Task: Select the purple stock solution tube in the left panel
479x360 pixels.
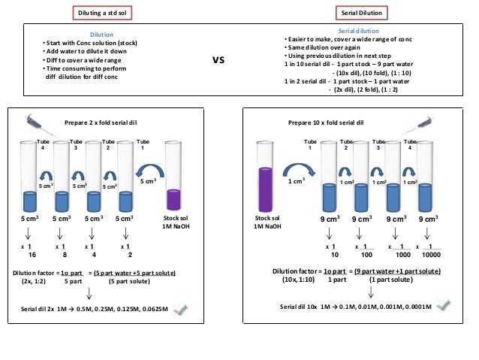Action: click(x=174, y=184)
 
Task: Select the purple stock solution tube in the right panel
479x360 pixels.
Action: click(x=264, y=184)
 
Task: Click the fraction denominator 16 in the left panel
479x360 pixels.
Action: click(x=32, y=255)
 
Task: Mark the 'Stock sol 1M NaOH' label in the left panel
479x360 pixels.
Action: click(x=174, y=223)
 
